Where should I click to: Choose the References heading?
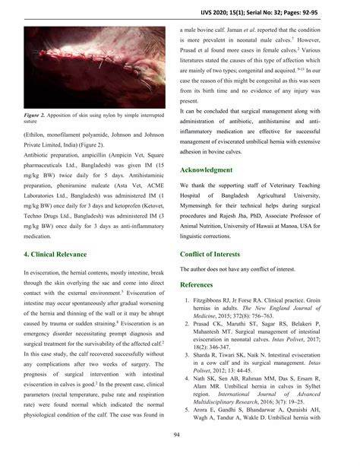tap(201, 284)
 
